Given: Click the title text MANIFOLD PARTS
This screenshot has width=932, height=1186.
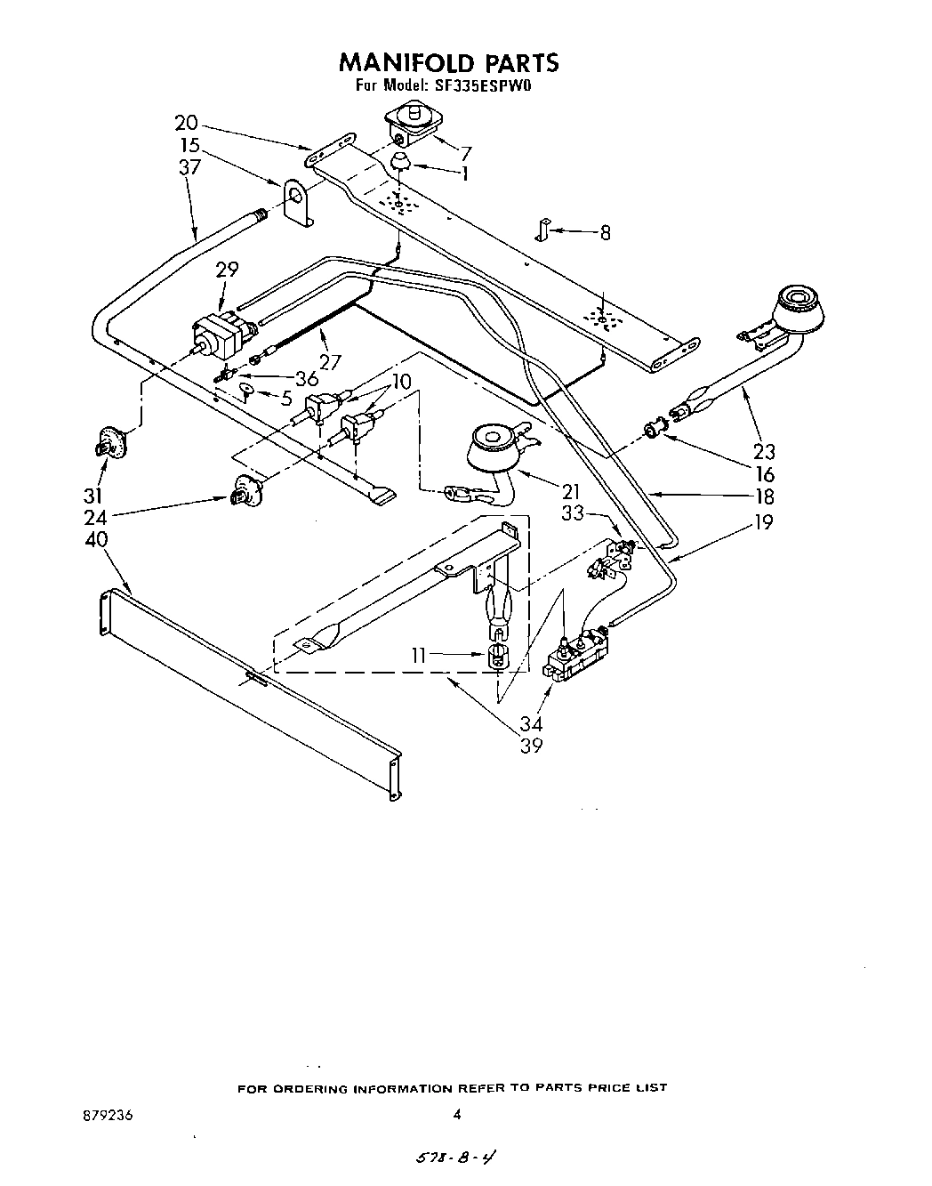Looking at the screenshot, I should pos(448,61).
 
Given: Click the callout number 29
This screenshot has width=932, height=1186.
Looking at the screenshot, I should pos(227,270).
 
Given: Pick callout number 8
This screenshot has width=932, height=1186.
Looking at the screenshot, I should pos(605,233).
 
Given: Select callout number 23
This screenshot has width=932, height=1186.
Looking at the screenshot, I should pos(763,451).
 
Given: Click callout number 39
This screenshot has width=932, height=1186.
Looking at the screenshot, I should pos(531,746).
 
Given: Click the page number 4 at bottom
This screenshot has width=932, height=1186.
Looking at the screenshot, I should pos(457,1113).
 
